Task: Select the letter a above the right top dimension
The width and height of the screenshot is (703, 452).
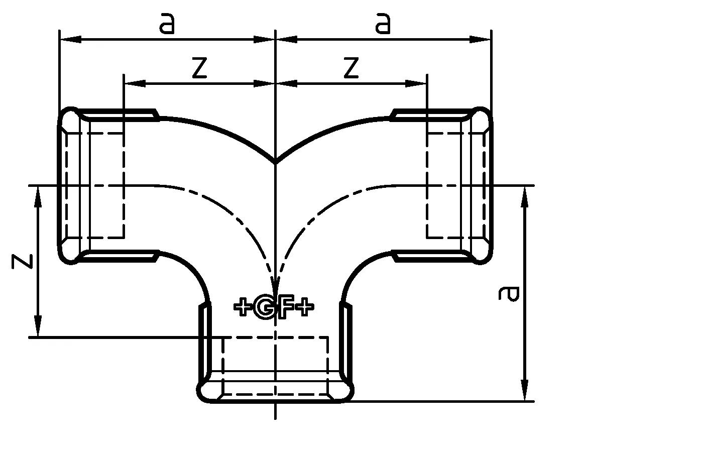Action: pos(383,24)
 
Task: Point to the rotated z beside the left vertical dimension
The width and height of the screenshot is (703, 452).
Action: pos(23,261)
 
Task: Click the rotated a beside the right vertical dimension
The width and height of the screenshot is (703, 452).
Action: pos(508,294)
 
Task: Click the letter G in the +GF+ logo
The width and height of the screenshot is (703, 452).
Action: pos(264,307)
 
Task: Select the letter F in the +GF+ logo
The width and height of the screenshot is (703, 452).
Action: pos(285,307)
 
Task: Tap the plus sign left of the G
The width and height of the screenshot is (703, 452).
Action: pos(243,307)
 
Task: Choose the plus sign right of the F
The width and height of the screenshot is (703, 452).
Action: pos(304,307)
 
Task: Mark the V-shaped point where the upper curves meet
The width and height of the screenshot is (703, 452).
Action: pos(276,162)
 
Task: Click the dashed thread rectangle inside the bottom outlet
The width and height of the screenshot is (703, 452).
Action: pos(275,367)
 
